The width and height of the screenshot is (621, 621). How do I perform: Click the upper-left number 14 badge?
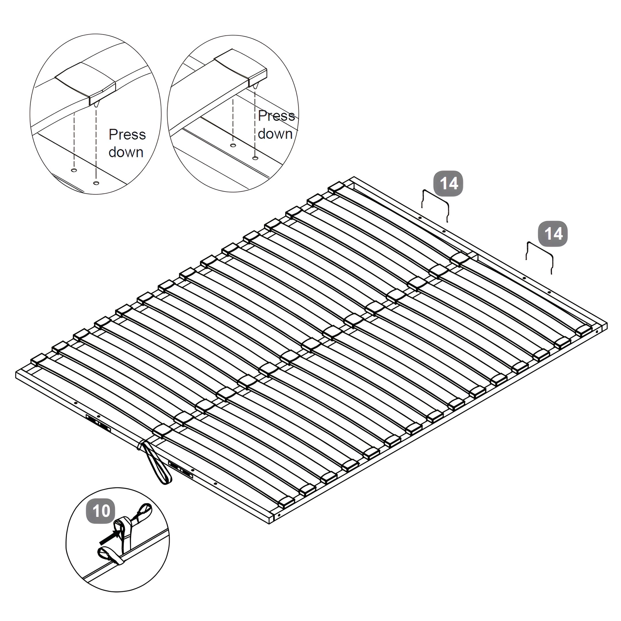tap(448, 183)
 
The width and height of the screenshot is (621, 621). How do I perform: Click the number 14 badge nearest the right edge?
tap(553, 234)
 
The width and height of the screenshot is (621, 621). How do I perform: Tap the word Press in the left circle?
tap(127, 134)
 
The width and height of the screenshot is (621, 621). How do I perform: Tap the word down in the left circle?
tap(126, 152)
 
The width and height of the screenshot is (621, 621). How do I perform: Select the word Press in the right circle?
tap(276, 116)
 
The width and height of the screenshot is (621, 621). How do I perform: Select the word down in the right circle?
tap(275, 134)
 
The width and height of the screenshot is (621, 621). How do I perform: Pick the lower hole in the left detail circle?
tap(96, 183)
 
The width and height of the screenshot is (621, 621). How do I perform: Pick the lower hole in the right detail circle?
tap(255, 158)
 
